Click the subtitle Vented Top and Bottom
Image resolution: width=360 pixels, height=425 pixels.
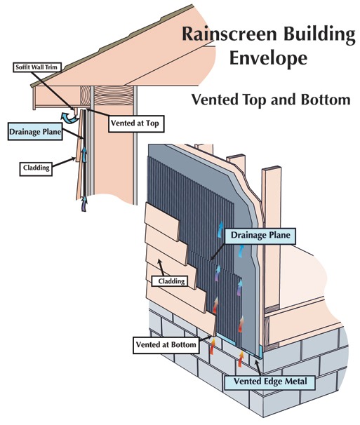pos(270,100)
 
